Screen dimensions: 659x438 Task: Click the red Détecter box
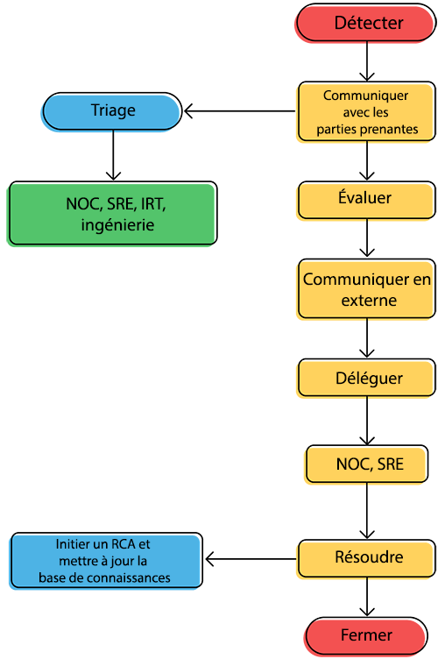coord(368,24)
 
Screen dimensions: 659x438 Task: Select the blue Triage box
coord(112,111)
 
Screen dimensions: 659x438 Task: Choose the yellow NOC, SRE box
coord(369,464)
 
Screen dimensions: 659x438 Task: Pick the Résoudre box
coord(366,557)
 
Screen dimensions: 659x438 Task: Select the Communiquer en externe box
coord(366,289)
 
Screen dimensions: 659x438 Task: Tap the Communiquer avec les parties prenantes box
coord(366,112)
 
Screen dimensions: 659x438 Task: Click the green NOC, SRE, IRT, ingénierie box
coord(111,214)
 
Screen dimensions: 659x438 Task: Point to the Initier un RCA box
coord(105,561)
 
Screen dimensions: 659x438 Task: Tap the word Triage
coord(113,110)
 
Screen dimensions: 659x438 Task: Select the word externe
coord(368,301)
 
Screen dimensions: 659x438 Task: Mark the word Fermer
coord(366,635)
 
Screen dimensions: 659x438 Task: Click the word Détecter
coord(369,23)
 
